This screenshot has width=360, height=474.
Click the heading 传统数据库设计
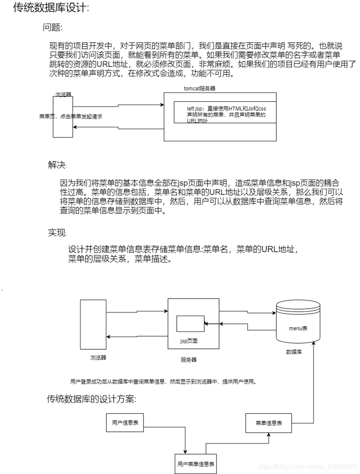[x=51, y=8]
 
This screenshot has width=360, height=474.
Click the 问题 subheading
[x=52, y=27]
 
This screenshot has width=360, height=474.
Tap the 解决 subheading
[x=57, y=165]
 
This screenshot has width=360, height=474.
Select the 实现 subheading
[x=57, y=233]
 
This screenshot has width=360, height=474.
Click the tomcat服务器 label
[x=201, y=88]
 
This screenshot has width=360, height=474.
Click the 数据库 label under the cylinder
[x=294, y=352]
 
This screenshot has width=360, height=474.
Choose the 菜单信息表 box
[x=269, y=423]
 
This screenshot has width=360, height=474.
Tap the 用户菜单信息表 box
[x=196, y=464]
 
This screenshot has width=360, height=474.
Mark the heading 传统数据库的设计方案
[x=92, y=399]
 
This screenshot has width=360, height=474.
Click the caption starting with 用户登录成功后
[x=163, y=381]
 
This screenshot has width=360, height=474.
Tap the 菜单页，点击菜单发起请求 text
[x=70, y=116]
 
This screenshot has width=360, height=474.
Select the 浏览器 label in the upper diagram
[x=64, y=95]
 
